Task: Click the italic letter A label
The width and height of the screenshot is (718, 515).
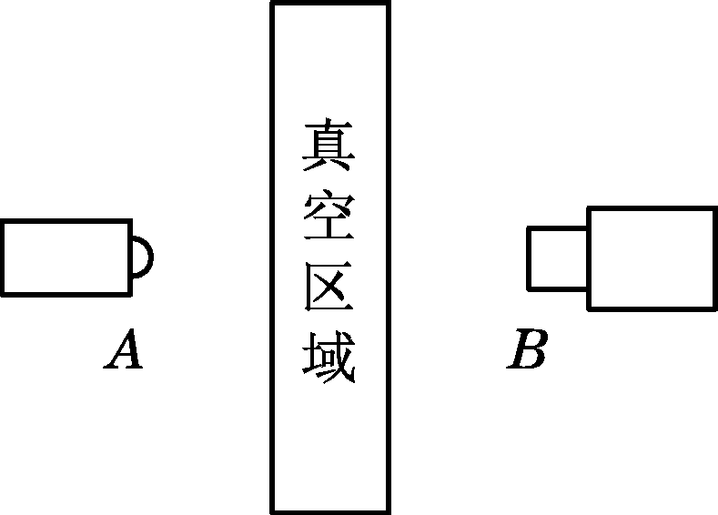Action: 124,351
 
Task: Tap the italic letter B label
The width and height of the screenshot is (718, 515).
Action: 528,351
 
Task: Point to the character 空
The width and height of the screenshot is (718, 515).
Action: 329,217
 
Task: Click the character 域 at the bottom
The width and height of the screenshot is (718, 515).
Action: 329,358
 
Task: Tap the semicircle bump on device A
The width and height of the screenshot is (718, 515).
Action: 142,257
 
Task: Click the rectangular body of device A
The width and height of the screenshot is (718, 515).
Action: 66,257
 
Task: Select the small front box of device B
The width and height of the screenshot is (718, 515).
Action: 558,257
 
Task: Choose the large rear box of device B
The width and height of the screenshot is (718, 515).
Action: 652,257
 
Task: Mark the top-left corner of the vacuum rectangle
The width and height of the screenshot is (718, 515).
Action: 272,4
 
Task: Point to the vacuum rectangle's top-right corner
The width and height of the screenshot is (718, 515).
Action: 389,4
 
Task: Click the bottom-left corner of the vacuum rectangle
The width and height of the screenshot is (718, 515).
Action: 272,511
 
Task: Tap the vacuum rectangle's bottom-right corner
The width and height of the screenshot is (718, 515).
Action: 389,511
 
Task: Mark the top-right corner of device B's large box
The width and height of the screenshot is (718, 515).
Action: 715,208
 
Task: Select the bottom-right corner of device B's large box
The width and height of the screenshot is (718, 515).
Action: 715,308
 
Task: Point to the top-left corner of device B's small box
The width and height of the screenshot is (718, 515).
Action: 529,227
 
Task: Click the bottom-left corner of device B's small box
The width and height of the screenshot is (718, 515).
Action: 529,288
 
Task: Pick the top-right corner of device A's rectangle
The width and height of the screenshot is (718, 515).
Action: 132,220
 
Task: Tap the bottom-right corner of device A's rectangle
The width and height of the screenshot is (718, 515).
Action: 132,295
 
